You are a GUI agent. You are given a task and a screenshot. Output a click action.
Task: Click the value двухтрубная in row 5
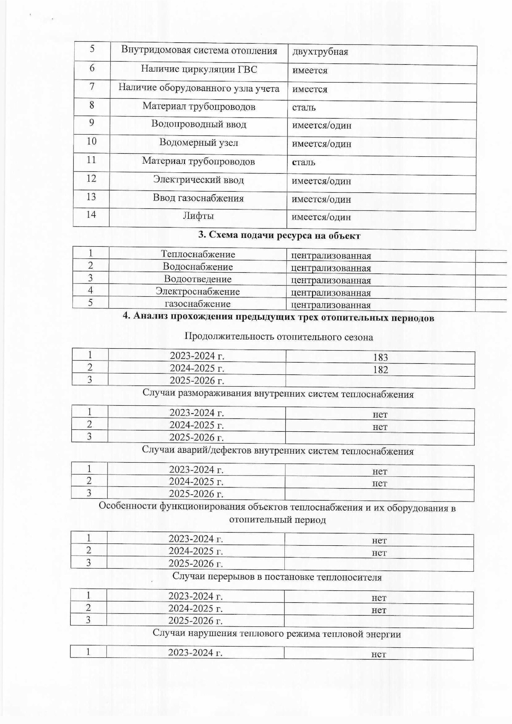tap(320, 52)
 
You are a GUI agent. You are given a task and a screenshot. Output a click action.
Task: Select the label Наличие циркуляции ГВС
tap(199, 69)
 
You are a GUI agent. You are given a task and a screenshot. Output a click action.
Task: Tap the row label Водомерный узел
tap(199, 143)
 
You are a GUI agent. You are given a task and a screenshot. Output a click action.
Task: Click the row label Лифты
tap(198, 216)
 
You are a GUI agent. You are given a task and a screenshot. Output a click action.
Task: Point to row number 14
tap(91, 215)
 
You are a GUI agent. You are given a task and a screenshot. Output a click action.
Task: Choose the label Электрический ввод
tap(198, 179)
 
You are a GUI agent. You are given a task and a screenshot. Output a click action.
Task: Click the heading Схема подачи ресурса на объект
tap(279, 236)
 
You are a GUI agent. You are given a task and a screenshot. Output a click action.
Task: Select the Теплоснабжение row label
tap(198, 254)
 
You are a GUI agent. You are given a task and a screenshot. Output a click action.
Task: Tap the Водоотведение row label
tap(198, 279)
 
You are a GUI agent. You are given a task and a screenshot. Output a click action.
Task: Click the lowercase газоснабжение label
tap(198, 304)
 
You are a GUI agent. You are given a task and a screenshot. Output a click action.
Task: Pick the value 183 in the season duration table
tap(381, 357)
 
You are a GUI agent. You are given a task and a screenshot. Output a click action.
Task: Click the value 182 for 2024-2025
tap(381, 370)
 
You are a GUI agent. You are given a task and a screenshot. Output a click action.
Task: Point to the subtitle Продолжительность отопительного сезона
tap(279, 337)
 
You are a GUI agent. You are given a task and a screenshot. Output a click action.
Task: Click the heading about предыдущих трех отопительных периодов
tap(278, 318)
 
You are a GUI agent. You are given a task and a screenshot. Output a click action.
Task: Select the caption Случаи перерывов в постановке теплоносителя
tap(277, 577)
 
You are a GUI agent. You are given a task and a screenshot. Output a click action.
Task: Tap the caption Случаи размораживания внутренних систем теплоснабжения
tap(278, 394)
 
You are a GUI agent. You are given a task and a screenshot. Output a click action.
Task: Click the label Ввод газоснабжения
tap(198, 198)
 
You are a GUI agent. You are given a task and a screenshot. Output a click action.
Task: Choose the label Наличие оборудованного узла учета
tap(199, 88)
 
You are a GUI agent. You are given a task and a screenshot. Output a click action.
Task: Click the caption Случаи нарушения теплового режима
tap(277, 633)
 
